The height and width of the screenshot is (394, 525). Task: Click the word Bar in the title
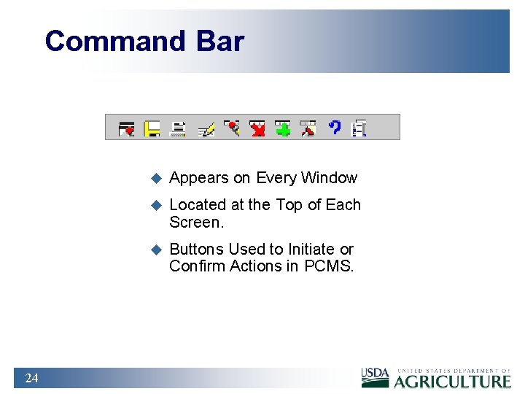(x=219, y=42)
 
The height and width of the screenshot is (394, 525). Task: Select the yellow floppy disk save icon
(x=152, y=128)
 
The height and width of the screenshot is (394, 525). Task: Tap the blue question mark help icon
(x=334, y=128)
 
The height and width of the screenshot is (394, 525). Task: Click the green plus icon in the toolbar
(x=282, y=128)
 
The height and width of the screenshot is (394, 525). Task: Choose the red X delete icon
(x=257, y=128)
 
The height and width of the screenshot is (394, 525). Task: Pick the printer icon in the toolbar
(x=177, y=128)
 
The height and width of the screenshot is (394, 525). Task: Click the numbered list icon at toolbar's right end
(x=359, y=128)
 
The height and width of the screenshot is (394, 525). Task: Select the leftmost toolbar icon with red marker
(x=126, y=128)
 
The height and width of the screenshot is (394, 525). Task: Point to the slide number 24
(x=31, y=378)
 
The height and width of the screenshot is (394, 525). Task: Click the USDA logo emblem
(x=376, y=376)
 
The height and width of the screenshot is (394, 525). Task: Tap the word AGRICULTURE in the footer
(x=453, y=381)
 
